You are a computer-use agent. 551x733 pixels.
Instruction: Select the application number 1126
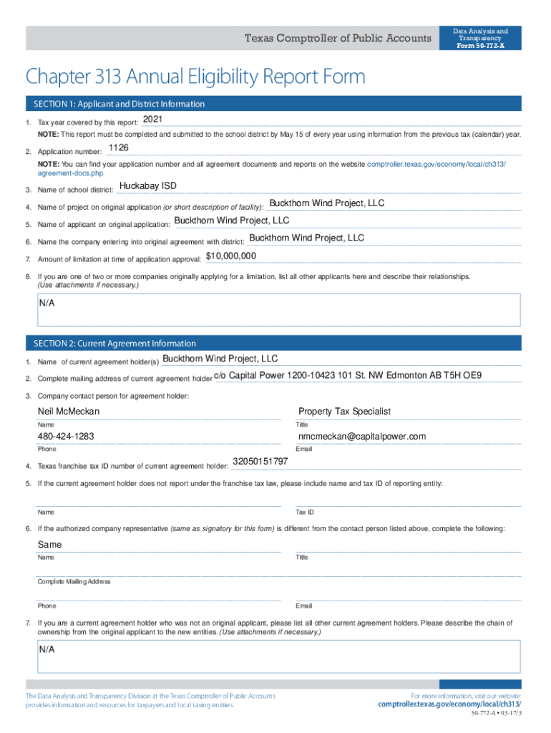coord(118,147)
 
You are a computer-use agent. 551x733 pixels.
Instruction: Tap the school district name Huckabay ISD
coord(147,186)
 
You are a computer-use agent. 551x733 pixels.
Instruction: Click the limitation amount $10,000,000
coord(230,256)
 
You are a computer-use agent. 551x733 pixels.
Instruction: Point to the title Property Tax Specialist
coord(344,412)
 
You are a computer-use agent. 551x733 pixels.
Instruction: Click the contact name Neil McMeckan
coord(69,412)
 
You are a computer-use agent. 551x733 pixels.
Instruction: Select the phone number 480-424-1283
coord(66,437)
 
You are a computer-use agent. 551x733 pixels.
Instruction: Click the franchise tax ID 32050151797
coord(260,461)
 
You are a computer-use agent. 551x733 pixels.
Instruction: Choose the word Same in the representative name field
coord(49,545)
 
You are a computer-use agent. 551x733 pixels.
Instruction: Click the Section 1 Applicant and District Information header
coord(117,104)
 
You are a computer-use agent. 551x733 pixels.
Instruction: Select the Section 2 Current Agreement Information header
coord(112,344)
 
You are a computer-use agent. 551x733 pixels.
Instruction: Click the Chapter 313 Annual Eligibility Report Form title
coord(195,77)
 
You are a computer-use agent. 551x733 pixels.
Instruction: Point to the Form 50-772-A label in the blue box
coord(481,46)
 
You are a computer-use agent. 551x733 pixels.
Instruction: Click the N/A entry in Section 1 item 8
coord(47,304)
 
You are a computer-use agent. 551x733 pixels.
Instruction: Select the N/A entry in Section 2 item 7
coord(47,650)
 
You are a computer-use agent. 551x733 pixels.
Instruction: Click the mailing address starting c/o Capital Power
coord(348,376)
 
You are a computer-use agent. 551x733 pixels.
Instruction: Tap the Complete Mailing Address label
coord(74,582)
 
